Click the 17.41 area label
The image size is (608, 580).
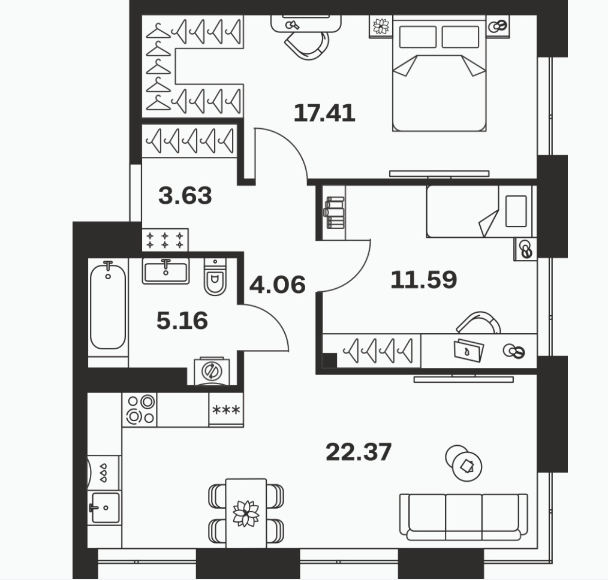point(324,113)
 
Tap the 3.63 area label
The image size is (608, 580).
point(185,195)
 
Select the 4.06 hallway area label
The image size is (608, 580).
point(278,285)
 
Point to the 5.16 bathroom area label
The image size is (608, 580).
point(182,321)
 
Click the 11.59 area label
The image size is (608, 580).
point(424,280)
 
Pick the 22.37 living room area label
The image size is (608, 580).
point(359,452)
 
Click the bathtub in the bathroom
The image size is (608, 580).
point(108,306)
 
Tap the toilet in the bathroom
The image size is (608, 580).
point(215,277)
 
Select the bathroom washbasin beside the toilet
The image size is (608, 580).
point(165,271)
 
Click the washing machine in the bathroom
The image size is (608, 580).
point(212,371)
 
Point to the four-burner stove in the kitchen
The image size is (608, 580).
point(140,410)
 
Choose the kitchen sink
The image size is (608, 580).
point(104,507)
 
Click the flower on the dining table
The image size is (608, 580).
point(246,513)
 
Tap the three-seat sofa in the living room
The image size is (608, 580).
point(463,517)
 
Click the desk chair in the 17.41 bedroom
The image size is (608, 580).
point(307,45)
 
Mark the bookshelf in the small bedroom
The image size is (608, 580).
point(335,213)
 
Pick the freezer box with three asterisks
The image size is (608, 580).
point(226,410)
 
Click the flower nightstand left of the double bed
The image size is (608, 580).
point(381,26)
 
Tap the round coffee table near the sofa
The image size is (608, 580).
point(463,463)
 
